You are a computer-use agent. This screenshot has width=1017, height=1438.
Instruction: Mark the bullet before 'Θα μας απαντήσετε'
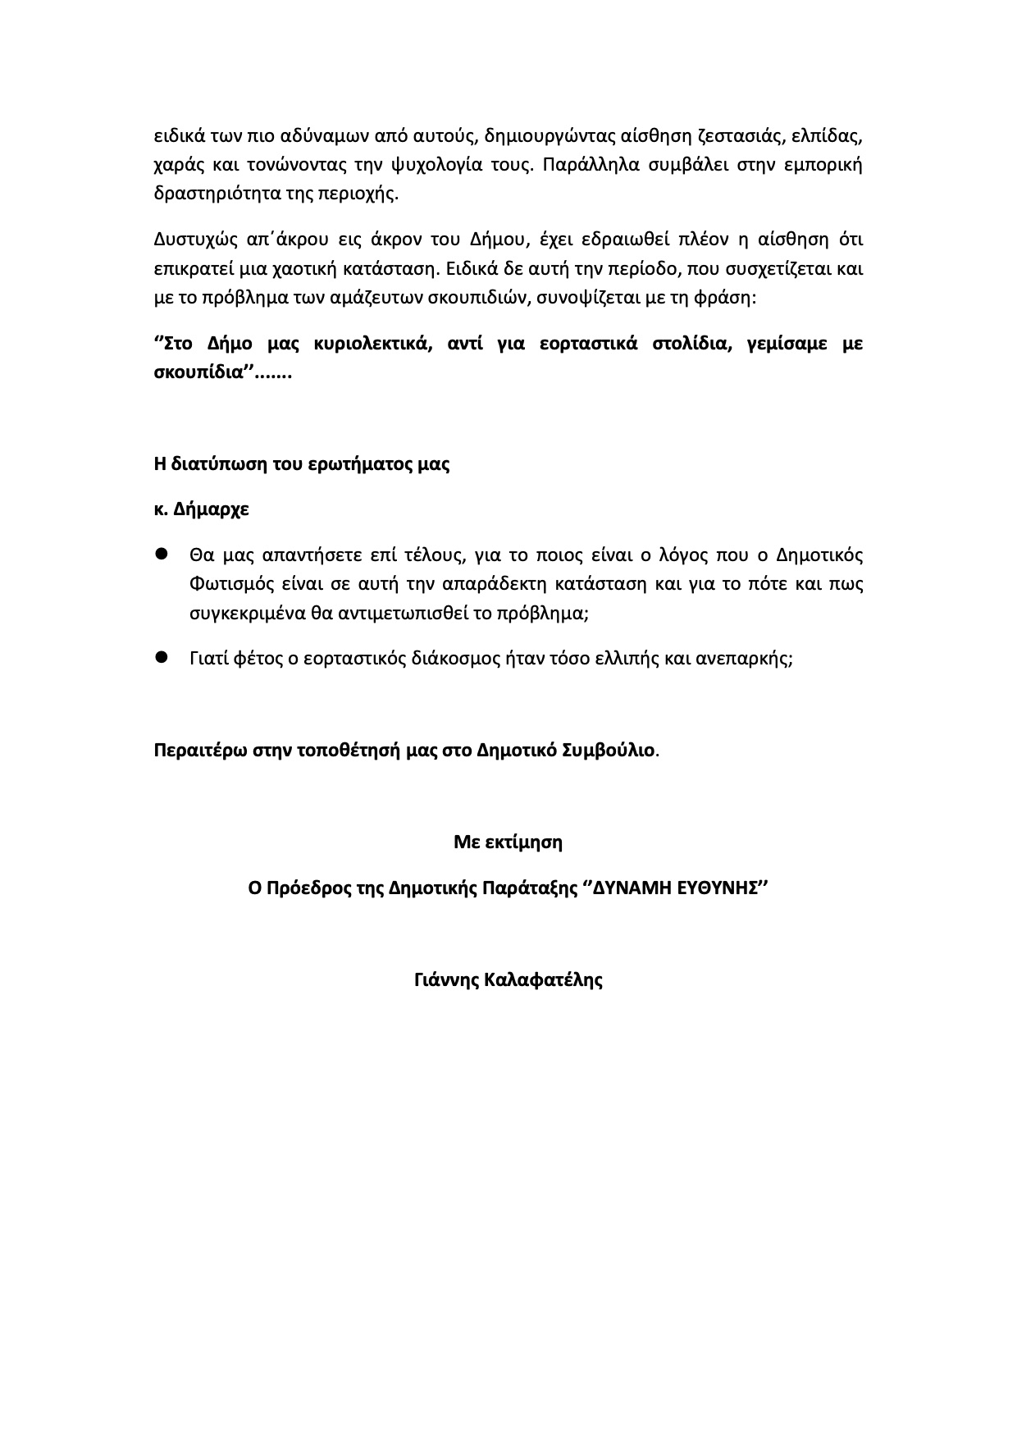tap(162, 555)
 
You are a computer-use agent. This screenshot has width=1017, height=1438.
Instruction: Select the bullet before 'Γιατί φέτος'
tap(162, 657)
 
